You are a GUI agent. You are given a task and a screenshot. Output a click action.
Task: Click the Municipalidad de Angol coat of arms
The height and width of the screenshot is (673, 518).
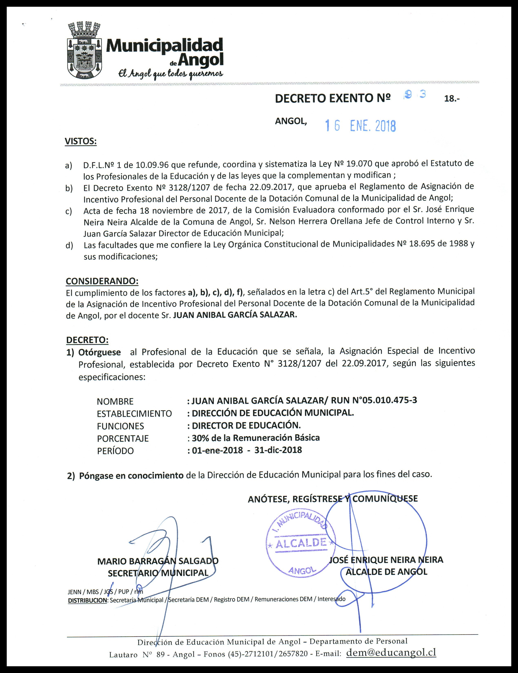84,51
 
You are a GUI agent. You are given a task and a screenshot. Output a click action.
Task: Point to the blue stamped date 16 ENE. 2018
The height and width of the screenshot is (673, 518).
360,126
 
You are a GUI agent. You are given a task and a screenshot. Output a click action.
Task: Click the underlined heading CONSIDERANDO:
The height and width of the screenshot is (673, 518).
102,281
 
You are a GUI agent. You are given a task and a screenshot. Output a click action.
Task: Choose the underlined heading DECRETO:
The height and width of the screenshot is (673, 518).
87,340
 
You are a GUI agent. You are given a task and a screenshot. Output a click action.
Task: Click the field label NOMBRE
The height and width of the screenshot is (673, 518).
115,401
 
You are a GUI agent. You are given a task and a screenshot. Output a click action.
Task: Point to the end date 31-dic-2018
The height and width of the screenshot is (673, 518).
278,450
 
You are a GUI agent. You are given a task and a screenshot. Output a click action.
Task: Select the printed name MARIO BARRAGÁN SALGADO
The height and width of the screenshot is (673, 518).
158,561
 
